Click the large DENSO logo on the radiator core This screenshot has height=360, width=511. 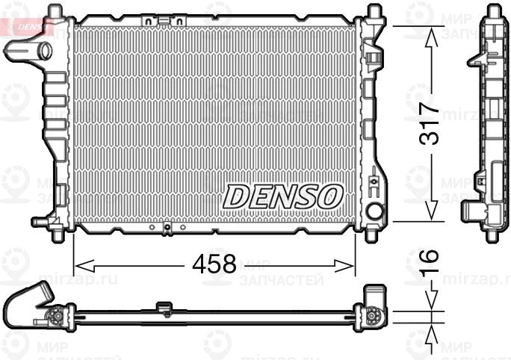click(x=283, y=196)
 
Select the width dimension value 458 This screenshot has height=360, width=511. click(x=214, y=264)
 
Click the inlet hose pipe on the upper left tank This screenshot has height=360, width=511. click(x=27, y=51)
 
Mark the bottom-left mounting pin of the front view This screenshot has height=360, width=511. click(x=58, y=233)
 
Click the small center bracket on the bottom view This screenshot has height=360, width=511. click(x=164, y=306)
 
